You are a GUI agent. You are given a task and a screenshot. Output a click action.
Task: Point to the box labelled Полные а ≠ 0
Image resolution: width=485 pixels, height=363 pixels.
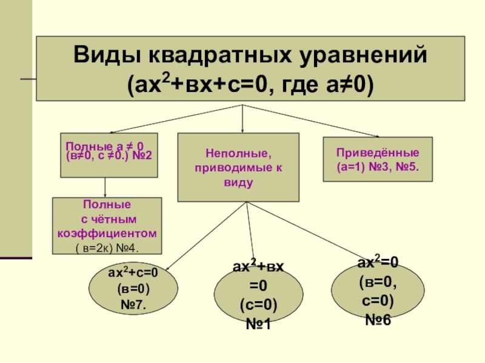[109, 155]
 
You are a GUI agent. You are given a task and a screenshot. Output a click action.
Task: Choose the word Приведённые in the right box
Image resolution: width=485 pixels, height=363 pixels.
[378, 152]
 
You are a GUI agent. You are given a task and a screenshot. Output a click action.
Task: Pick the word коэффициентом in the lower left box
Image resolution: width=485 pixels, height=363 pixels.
[107, 233]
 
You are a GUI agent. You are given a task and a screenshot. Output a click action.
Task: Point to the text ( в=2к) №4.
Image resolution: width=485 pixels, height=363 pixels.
[107, 247]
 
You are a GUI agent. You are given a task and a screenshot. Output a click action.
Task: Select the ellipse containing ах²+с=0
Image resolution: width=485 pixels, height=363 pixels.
[134, 289]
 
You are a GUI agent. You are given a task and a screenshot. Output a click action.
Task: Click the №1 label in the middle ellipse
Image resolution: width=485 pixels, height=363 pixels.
[258, 324]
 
